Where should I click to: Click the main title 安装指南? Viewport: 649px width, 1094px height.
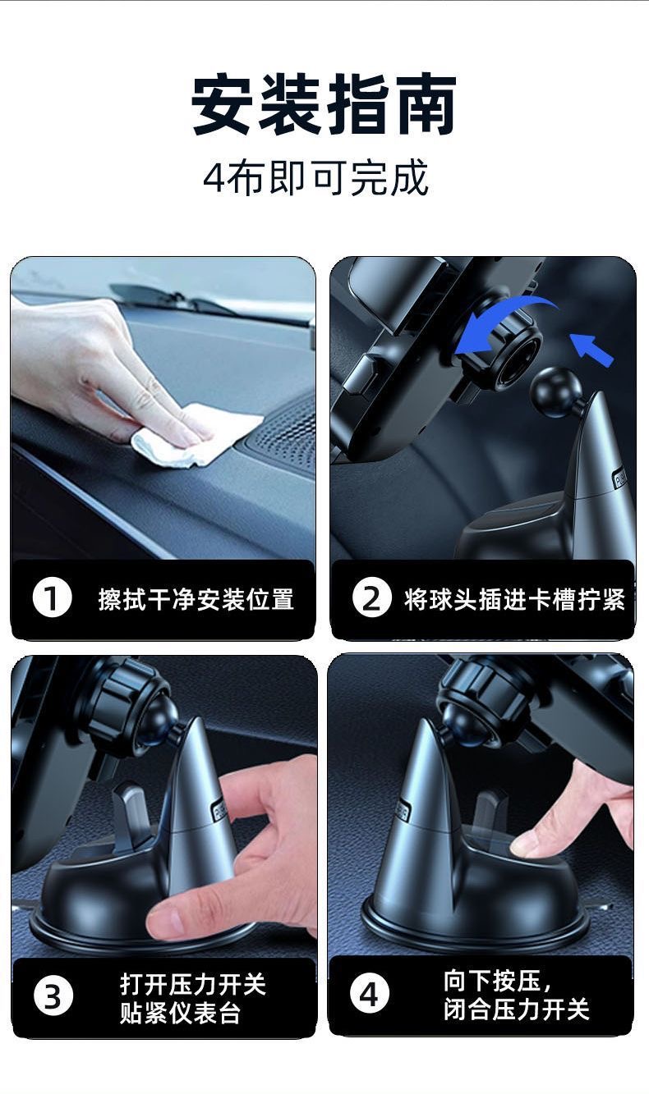(x=324, y=104)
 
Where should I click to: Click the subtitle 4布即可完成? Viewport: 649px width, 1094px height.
(x=315, y=178)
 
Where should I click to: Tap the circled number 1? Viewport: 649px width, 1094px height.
(x=52, y=598)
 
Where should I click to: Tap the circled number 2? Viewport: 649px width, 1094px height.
(x=371, y=598)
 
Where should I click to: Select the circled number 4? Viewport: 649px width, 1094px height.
(x=370, y=995)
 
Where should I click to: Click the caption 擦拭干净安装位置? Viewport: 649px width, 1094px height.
(x=196, y=599)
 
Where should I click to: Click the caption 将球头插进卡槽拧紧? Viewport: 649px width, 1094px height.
(x=514, y=599)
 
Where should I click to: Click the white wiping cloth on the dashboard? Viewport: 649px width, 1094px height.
(x=196, y=435)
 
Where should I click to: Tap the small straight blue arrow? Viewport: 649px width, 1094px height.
(x=591, y=350)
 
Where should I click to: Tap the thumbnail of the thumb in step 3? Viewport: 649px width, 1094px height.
(x=164, y=922)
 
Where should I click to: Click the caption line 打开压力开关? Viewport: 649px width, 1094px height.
(x=193, y=984)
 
